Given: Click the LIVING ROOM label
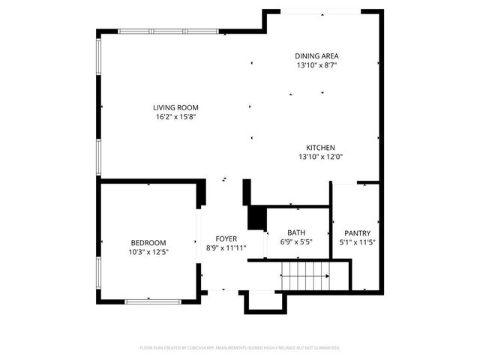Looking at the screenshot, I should click(x=176, y=107).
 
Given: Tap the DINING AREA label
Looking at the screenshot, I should click(x=316, y=55).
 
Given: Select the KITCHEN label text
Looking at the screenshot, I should click(x=320, y=148).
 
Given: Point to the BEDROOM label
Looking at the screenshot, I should click(x=148, y=242).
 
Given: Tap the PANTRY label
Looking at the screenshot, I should click(x=357, y=233).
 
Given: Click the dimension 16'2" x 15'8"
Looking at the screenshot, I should click(x=176, y=116).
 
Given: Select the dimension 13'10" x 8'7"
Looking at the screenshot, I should click(x=316, y=65).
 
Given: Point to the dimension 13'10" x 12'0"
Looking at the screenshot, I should click(x=320, y=157).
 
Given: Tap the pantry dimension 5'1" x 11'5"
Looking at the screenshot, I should click(x=357, y=242).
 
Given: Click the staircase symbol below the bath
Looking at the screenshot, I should click(x=304, y=276).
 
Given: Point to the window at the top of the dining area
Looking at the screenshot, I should click(x=320, y=11).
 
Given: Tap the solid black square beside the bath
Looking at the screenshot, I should click(x=256, y=218).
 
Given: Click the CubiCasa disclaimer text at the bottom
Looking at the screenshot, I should click(x=240, y=348).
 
